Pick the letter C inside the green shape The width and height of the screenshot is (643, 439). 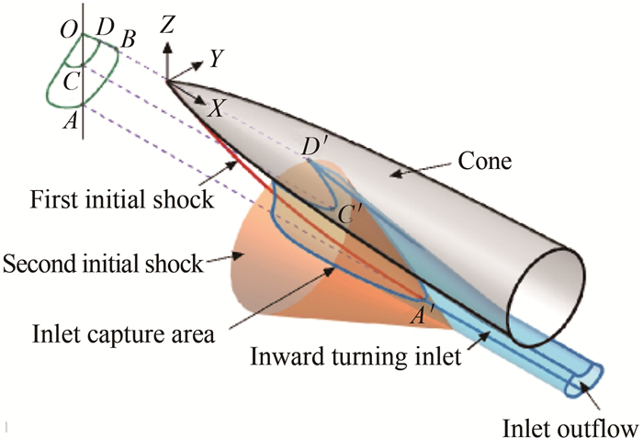pyautogui.click(x=70, y=79)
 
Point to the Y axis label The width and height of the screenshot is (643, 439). pyautogui.click(x=217, y=59)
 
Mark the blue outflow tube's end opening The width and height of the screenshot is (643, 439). pyautogui.click(x=586, y=378)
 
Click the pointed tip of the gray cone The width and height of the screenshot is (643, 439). pyautogui.click(x=168, y=84)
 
